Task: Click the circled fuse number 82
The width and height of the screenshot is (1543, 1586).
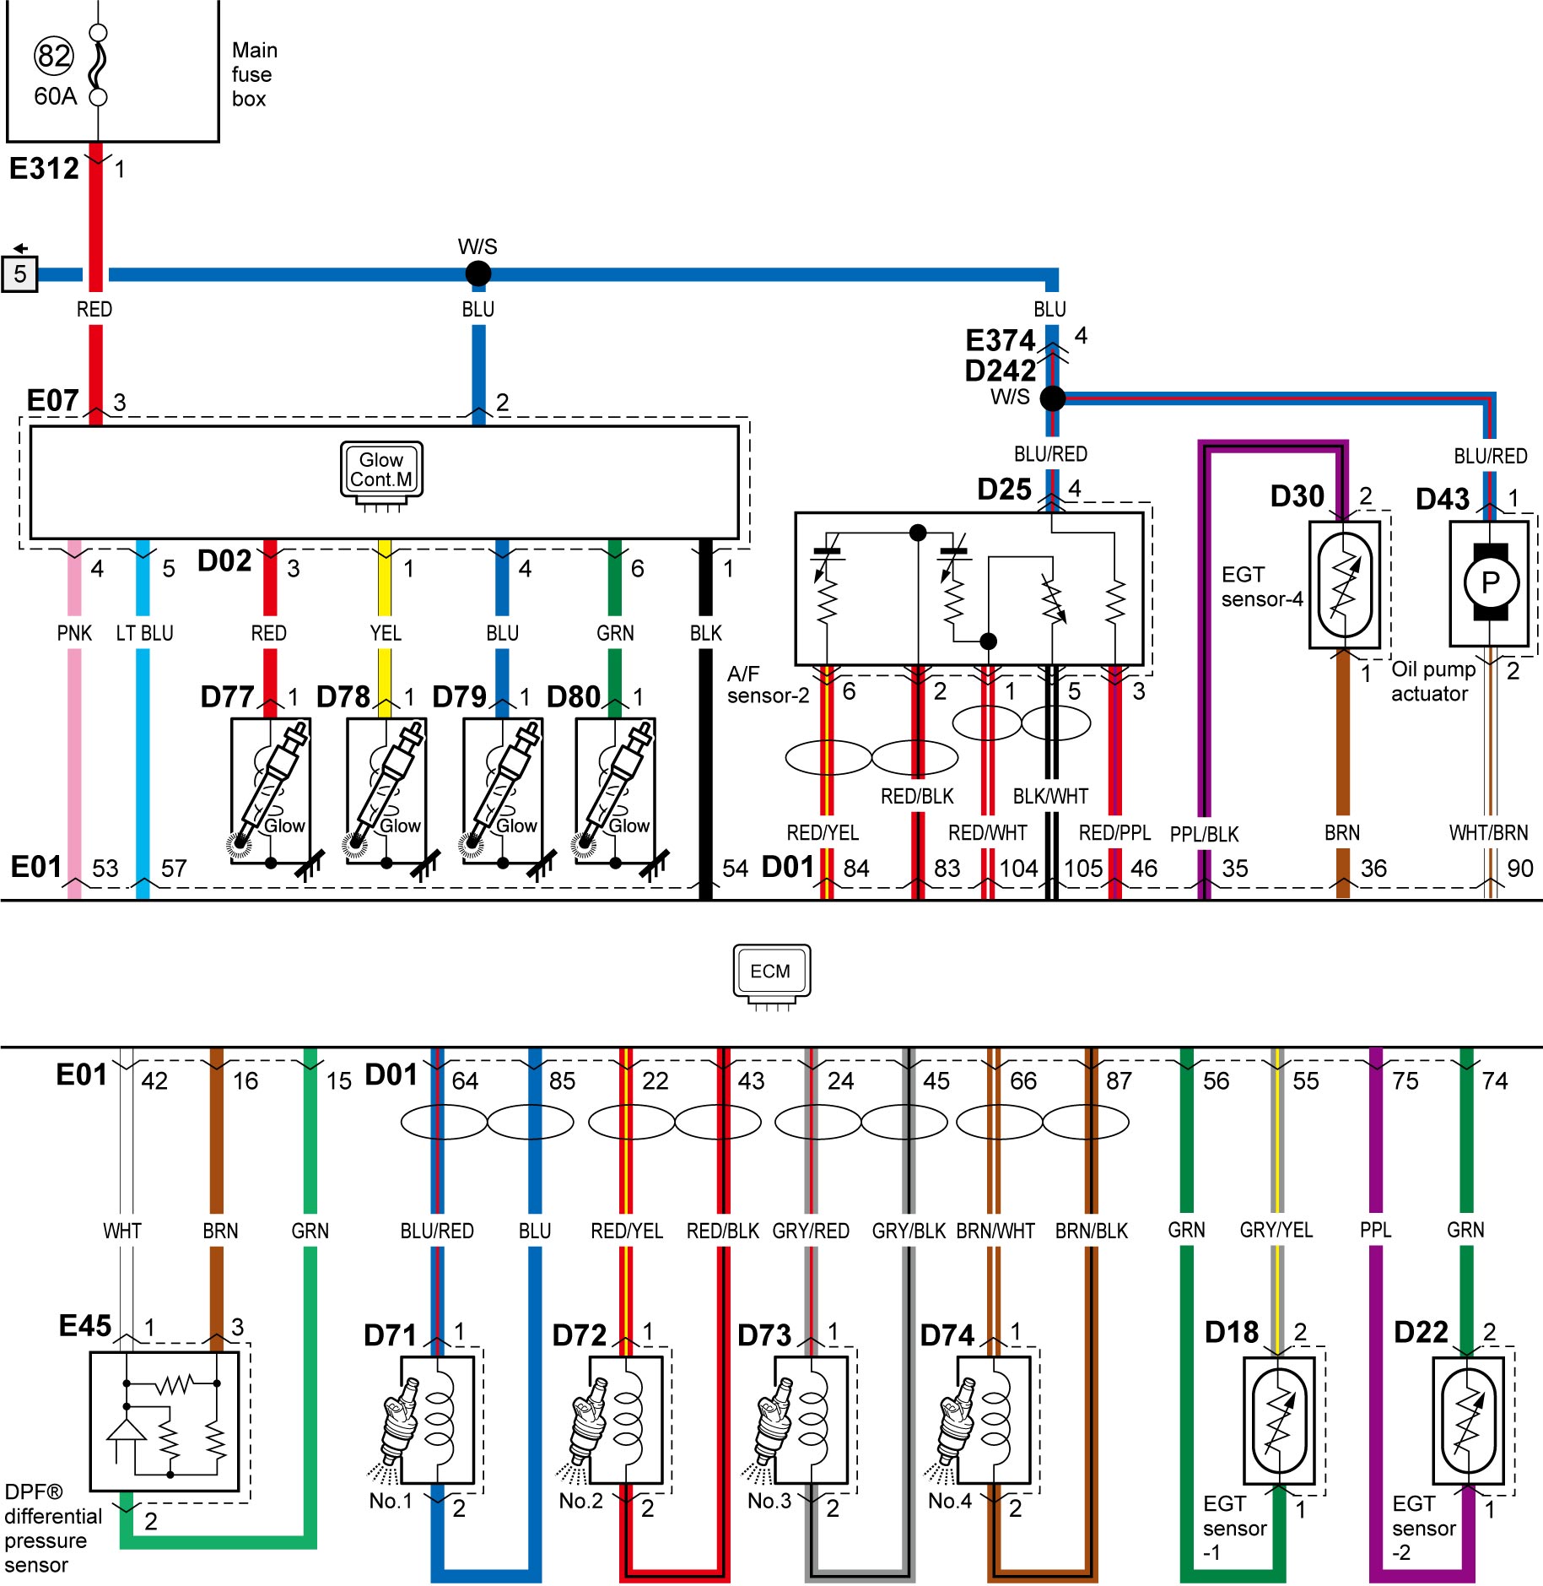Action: (54, 56)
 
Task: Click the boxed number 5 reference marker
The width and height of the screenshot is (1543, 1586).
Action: (19, 274)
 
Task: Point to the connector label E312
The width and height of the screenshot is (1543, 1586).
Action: (44, 169)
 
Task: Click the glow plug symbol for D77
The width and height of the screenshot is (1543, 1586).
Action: (270, 789)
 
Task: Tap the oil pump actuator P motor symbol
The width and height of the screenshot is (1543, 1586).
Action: (1490, 582)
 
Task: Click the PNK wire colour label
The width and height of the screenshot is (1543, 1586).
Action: (74, 633)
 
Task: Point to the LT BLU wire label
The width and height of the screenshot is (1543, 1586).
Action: (144, 633)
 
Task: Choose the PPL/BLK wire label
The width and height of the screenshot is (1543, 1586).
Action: (1204, 834)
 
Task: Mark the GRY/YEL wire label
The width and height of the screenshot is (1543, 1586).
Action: (1276, 1230)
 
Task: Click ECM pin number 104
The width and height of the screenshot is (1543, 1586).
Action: (1018, 869)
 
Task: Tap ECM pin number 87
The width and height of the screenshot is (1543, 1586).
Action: (1119, 1081)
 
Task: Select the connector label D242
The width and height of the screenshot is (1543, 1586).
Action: (1000, 371)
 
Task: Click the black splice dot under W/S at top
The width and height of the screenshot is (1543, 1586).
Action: (478, 273)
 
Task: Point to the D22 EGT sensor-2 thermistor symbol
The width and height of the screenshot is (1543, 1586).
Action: (1469, 1421)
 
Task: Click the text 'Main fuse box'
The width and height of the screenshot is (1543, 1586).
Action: (254, 74)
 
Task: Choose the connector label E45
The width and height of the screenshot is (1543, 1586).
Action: (84, 1325)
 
